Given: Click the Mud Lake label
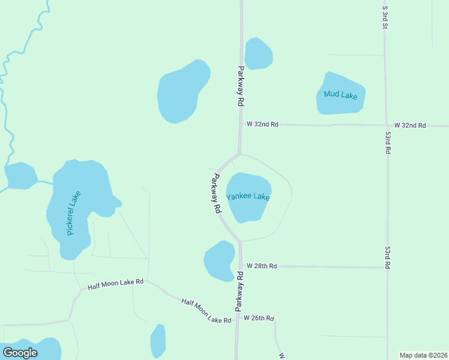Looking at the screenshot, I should [340, 94].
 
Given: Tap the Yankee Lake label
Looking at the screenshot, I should [248, 197].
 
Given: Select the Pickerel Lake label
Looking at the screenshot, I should [74, 212].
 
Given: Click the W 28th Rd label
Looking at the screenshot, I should [262, 266].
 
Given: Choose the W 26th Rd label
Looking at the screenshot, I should [259, 318].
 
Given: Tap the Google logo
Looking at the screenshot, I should [20, 353].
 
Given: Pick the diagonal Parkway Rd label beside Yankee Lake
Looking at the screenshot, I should [217, 194].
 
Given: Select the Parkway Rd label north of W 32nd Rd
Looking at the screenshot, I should [241, 86].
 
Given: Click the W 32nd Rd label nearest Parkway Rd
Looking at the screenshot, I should [263, 125].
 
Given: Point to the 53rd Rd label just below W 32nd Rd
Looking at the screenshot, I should [388, 143].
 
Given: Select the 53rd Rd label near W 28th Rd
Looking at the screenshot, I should [388, 256].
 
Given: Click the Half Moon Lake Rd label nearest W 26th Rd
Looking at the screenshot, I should [206, 311].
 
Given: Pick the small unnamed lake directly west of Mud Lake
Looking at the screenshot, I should [258, 53].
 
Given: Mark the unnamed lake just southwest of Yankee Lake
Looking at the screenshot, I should [219, 261].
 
